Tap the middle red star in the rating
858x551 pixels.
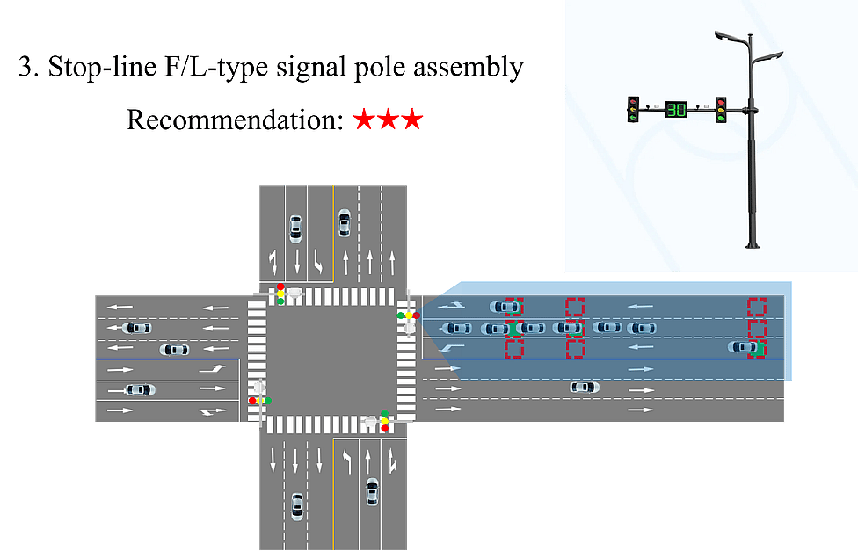click(x=388, y=120)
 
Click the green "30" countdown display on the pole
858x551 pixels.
click(x=675, y=109)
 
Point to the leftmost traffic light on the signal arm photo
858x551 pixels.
click(x=632, y=109)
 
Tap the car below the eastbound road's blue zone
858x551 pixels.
click(x=584, y=387)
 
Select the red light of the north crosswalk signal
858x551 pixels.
click(x=280, y=286)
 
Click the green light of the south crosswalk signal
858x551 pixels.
click(x=384, y=412)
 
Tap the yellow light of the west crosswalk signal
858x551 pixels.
click(x=260, y=401)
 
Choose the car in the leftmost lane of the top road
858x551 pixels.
click(x=295, y=228)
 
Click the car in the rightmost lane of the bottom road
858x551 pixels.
click(x=372, y=491)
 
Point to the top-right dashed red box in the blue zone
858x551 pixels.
click(x=757, y=306)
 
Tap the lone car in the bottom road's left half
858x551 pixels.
click(x=296, y=505)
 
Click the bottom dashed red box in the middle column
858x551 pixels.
click(x=575, y=348)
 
